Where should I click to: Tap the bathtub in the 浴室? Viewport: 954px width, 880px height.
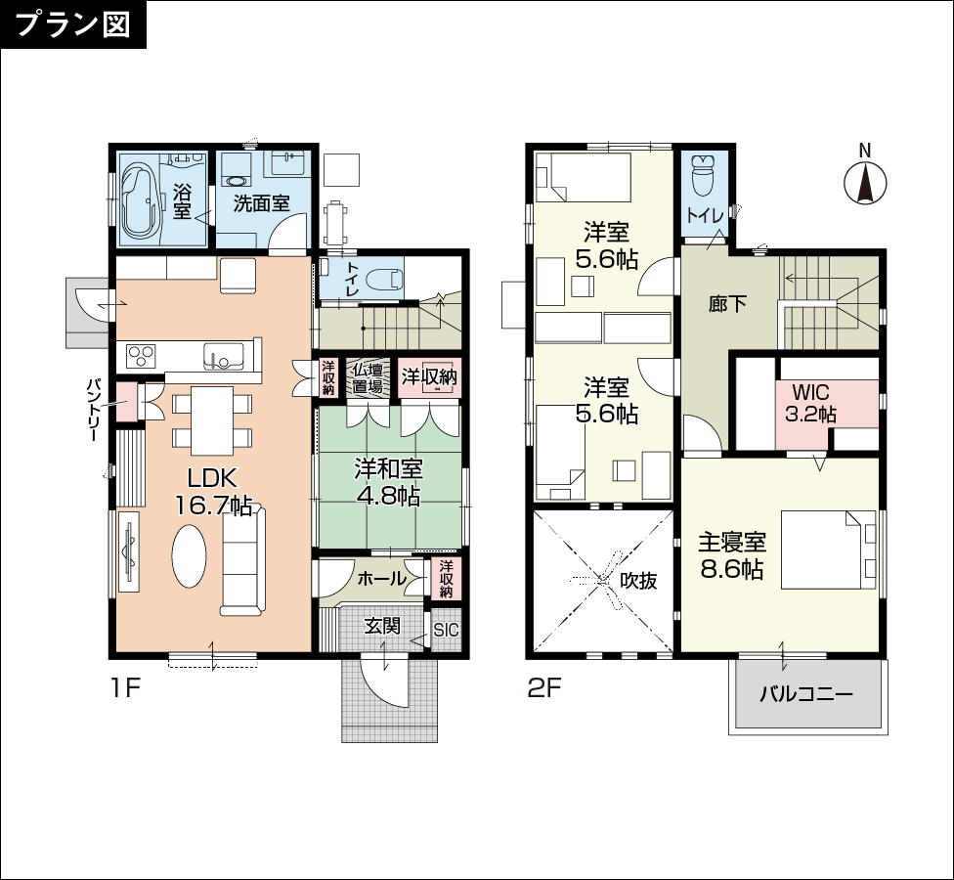pyautogui.click(x=143, y=200)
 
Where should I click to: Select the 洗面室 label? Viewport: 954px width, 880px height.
pyautogui.click(x=262, y=202)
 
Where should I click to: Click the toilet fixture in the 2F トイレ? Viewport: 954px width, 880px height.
pyautogui.click(x=704, y=174)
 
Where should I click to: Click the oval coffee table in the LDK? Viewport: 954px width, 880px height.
pyautogui.click(x=189, y=556)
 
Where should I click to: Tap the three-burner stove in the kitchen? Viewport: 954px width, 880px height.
pyautogui.click(x=141, y=355)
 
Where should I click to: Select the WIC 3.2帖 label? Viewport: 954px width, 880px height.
pyautogui.click(x=810, y=403)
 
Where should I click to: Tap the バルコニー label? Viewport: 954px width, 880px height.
pyautogui.click(x=806, y=694)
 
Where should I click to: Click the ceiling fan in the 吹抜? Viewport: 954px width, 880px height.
pyautogui.click(x=603, y=580)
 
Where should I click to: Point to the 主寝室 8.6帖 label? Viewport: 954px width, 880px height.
pyautogui.click(x=731, y=555)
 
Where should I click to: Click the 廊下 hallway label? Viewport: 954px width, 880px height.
pyautogui.click(x=727, y=303)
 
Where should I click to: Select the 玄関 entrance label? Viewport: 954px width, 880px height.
pyautogui.click(x=383, y=625)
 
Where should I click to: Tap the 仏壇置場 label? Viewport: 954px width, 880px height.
pyautogui.click(x=369, y=378)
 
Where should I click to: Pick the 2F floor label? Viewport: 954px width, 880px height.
pyautogui.click(x=543, y=688)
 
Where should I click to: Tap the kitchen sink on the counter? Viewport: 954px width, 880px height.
pyautogui.click(x=223, y=355)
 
